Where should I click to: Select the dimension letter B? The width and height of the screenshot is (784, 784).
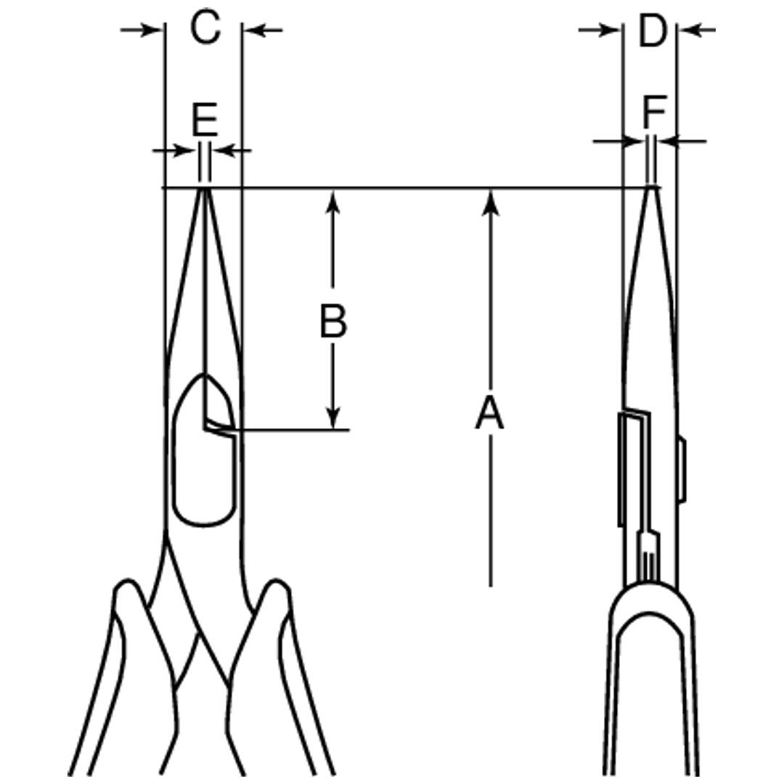(333, 321)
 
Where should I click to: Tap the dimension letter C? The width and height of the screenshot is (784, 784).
(205, 28)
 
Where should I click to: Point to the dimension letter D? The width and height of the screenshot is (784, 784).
(653, 31)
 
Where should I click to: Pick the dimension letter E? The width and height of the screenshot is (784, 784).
(205, 119)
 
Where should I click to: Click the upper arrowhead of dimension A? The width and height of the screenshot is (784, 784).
(491, 203)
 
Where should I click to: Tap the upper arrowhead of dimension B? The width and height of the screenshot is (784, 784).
(333, 202)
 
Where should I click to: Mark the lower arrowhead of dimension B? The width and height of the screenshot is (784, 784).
(333, 417)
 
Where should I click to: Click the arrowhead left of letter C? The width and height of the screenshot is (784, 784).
(152, 30)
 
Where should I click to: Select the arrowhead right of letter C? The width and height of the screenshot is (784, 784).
(255, 30)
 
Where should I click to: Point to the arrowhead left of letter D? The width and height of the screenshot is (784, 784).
(610, 30)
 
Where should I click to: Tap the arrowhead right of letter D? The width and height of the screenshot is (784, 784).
(690, 30)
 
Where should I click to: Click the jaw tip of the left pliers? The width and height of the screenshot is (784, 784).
(204, 189)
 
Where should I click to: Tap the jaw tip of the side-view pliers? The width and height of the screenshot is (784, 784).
(651, 188)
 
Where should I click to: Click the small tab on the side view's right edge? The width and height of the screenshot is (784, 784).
(682, 469)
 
